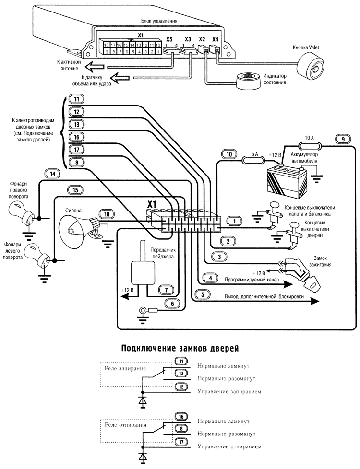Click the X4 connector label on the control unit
216,39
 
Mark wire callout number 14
52,173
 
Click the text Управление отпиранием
229,446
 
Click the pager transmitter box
142,270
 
